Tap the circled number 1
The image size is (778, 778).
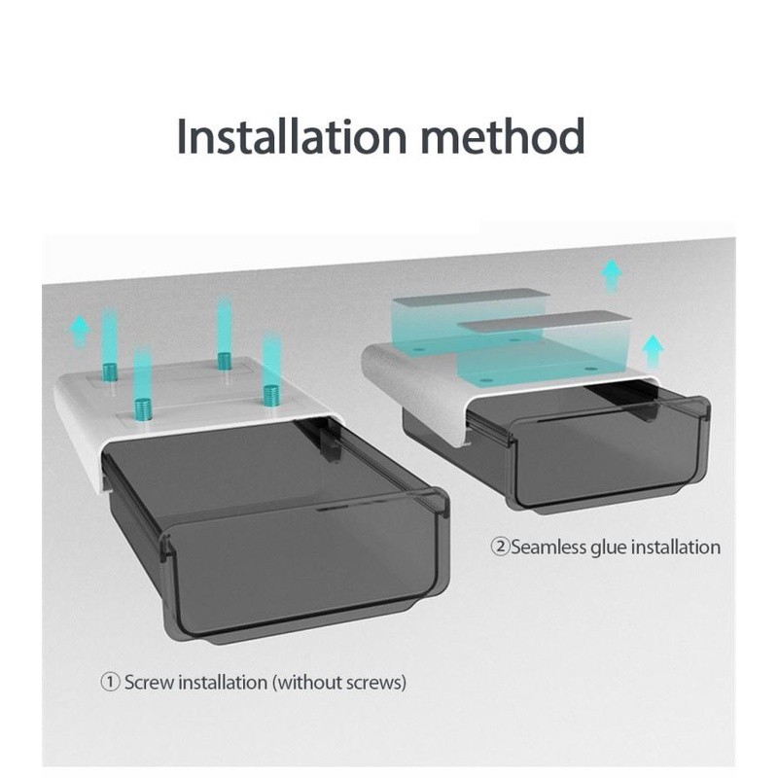pyautogui.click(x=110, y=682)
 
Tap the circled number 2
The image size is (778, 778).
pyautogui.click(x=500, y=547)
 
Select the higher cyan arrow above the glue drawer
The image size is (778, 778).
pyautogui.click(x=612, y=275)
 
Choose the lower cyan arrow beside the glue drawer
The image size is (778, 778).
pyautogui.click(x=653, y=351)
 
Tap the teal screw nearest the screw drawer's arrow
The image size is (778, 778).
pyautogui.click(x=110, y=371)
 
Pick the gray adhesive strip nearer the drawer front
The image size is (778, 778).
pyautogui.click(x=545, y=321)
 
